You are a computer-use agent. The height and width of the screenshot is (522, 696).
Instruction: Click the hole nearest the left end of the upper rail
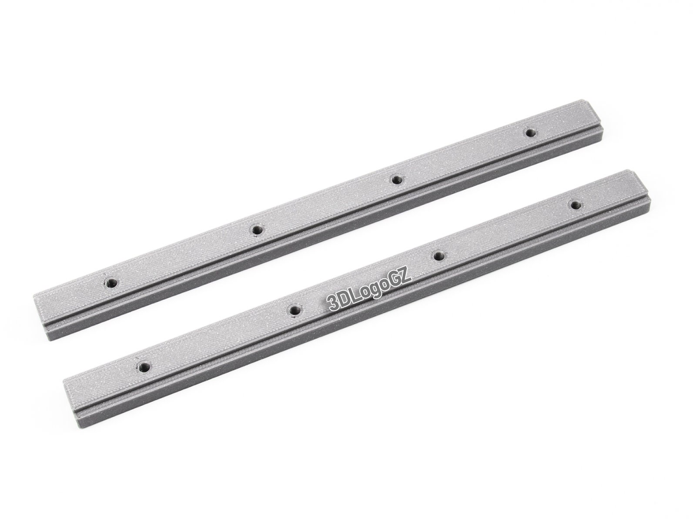point(111,282)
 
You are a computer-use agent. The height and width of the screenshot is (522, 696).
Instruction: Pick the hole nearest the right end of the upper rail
point(530,133)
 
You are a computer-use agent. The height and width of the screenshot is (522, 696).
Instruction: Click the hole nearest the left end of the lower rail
point(144,367)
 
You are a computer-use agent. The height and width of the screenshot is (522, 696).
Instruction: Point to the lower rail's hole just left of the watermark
point(294,310)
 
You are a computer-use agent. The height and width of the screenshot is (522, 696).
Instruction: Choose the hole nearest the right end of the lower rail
point(575,204)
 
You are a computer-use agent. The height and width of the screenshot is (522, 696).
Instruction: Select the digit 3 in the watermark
point(334,304)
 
